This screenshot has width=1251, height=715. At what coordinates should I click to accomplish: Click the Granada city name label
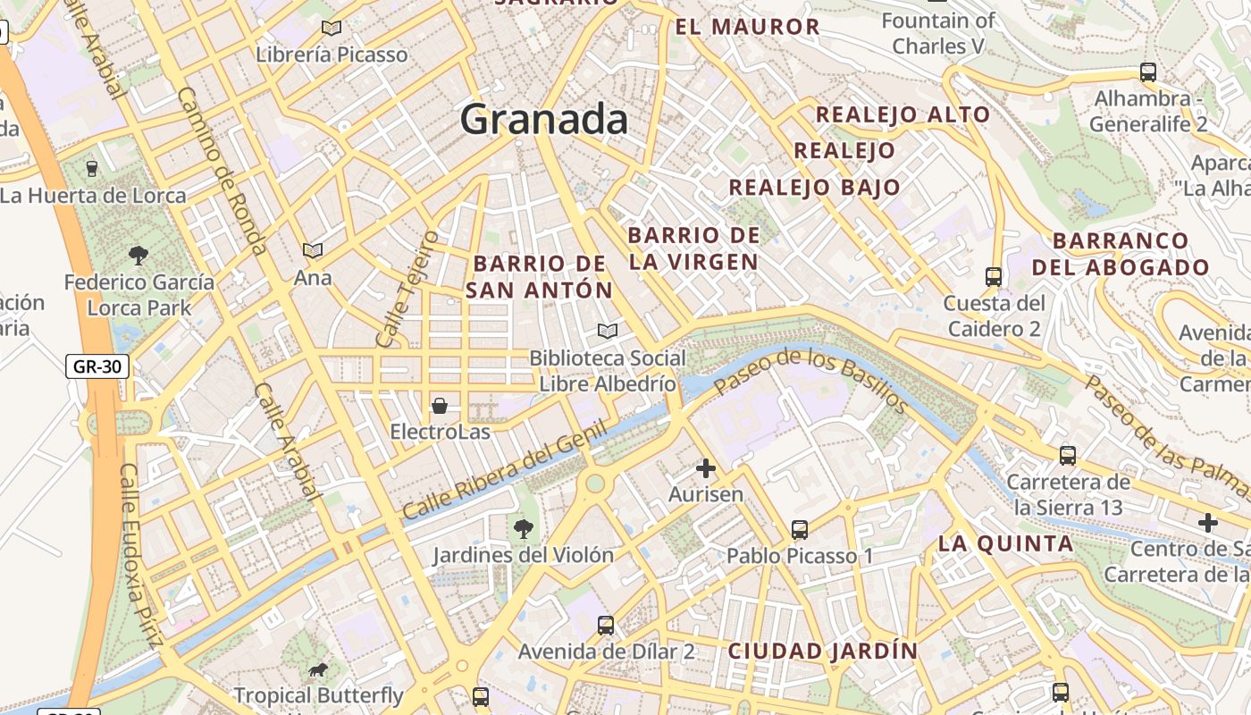[544, 119]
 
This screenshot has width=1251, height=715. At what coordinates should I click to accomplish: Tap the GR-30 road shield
[97, 366]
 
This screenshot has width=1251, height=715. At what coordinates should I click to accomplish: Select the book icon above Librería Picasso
[332, 28]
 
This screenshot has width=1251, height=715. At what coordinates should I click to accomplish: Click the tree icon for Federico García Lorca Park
[139, 256]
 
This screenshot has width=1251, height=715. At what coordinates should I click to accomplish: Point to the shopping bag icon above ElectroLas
[440, 406]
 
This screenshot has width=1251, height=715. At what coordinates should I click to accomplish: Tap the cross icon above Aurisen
[706, 467]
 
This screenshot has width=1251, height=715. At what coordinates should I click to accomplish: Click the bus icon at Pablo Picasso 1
[800, 530]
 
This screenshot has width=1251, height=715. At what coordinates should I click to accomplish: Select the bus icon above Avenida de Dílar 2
[606, 626]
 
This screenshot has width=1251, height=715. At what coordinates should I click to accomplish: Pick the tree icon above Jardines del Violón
[524, 529]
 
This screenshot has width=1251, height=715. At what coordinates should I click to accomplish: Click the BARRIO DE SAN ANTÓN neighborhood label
[540, 277]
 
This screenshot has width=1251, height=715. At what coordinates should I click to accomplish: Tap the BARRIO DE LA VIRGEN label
[694, 248]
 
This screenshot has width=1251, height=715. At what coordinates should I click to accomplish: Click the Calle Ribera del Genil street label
[505, 470]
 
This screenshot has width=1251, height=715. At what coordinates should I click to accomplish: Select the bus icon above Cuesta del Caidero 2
[993, 277]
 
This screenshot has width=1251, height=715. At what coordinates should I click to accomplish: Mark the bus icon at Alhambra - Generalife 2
[1148, 72]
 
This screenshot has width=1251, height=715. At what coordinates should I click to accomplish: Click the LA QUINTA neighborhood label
[1005, 543]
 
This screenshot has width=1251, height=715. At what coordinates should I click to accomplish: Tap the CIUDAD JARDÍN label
[823, 651]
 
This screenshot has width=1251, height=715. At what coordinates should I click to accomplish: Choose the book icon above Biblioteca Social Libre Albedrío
[608, 332]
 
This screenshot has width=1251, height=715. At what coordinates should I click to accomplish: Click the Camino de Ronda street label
[222, 170]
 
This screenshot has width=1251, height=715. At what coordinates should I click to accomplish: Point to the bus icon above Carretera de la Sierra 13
[1068, 456]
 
